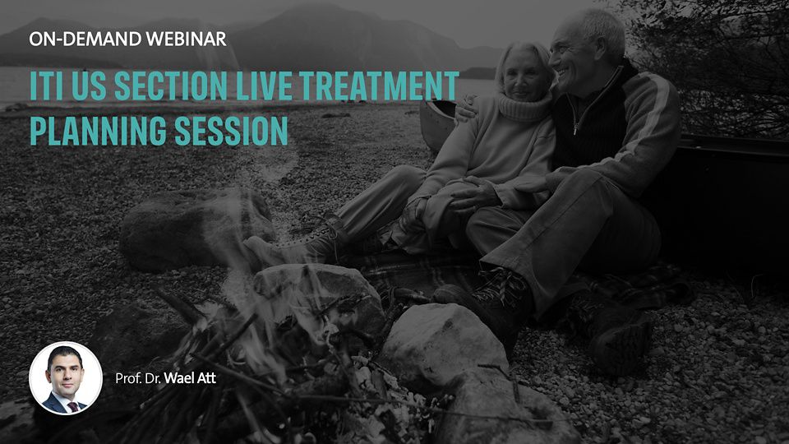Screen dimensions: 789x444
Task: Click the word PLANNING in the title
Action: coord(98,131)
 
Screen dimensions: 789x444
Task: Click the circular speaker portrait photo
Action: coord(66,378)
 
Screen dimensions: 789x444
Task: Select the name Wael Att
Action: coord(190,378)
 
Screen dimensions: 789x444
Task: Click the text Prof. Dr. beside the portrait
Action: coord(137,378)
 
